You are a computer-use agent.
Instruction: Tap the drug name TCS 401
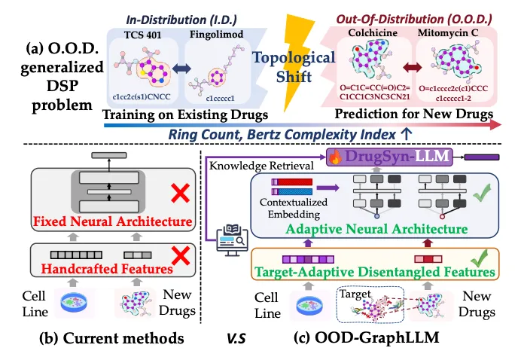click(143, 35)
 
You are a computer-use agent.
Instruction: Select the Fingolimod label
click(216, 34)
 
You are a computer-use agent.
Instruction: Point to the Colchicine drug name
click(373, 32)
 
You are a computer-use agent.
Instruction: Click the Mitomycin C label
click(448, 32)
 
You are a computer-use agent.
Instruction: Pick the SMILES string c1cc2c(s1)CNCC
click(142, 96)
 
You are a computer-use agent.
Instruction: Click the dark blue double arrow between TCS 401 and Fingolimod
click(181, 69)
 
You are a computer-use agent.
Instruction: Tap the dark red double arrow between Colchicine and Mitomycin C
click(413, 68)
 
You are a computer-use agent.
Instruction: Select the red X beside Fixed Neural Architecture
click(181, 193)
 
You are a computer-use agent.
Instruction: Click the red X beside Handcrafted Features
click(181, 255)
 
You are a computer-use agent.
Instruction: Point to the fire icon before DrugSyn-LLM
click(335, 157)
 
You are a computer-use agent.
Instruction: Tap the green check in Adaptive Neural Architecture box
click(482, 193)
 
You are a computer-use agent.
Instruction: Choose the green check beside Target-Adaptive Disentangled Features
click(480, 258)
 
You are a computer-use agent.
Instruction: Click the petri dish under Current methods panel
click(74, 302)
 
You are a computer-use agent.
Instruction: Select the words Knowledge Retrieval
click(261, 166)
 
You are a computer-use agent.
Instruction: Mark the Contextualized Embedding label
click(294, 209)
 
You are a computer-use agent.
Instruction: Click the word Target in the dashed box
click(355, 294)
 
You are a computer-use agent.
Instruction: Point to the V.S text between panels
click(236, 339)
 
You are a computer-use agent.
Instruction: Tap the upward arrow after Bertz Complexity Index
click(406, 134)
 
